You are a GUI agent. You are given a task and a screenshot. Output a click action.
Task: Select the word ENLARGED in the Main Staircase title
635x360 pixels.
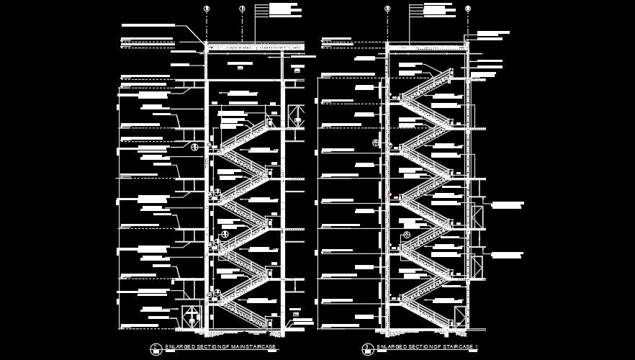[x=178, y=347]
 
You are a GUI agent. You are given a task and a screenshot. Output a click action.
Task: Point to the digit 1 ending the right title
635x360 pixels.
[x=476, y=347]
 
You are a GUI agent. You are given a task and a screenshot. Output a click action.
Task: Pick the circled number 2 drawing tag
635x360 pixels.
[x=154, y=348]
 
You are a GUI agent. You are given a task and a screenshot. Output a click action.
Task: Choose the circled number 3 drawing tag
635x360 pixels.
[x=366, y=348]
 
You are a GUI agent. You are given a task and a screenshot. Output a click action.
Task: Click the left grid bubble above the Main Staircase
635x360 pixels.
[x=207, y=9]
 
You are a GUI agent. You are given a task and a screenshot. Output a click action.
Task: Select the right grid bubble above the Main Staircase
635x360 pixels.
[x=242, y=9]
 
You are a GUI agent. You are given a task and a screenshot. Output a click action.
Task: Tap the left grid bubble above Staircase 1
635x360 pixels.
[x=387, y=9]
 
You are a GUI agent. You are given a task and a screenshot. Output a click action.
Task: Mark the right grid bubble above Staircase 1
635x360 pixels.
[x=467, y=9]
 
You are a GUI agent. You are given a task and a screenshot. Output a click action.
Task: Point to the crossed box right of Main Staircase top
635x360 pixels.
[x=296, y=115]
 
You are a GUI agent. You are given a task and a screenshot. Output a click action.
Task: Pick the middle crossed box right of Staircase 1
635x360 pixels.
[x=477, y=216]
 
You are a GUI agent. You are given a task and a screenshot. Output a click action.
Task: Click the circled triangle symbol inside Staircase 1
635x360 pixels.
[x=407, y=235]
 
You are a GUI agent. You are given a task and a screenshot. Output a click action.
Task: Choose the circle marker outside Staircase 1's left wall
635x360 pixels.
[x=375, y=143]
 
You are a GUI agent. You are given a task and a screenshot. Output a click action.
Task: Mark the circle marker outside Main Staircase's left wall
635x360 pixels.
[x=194, y=147]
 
